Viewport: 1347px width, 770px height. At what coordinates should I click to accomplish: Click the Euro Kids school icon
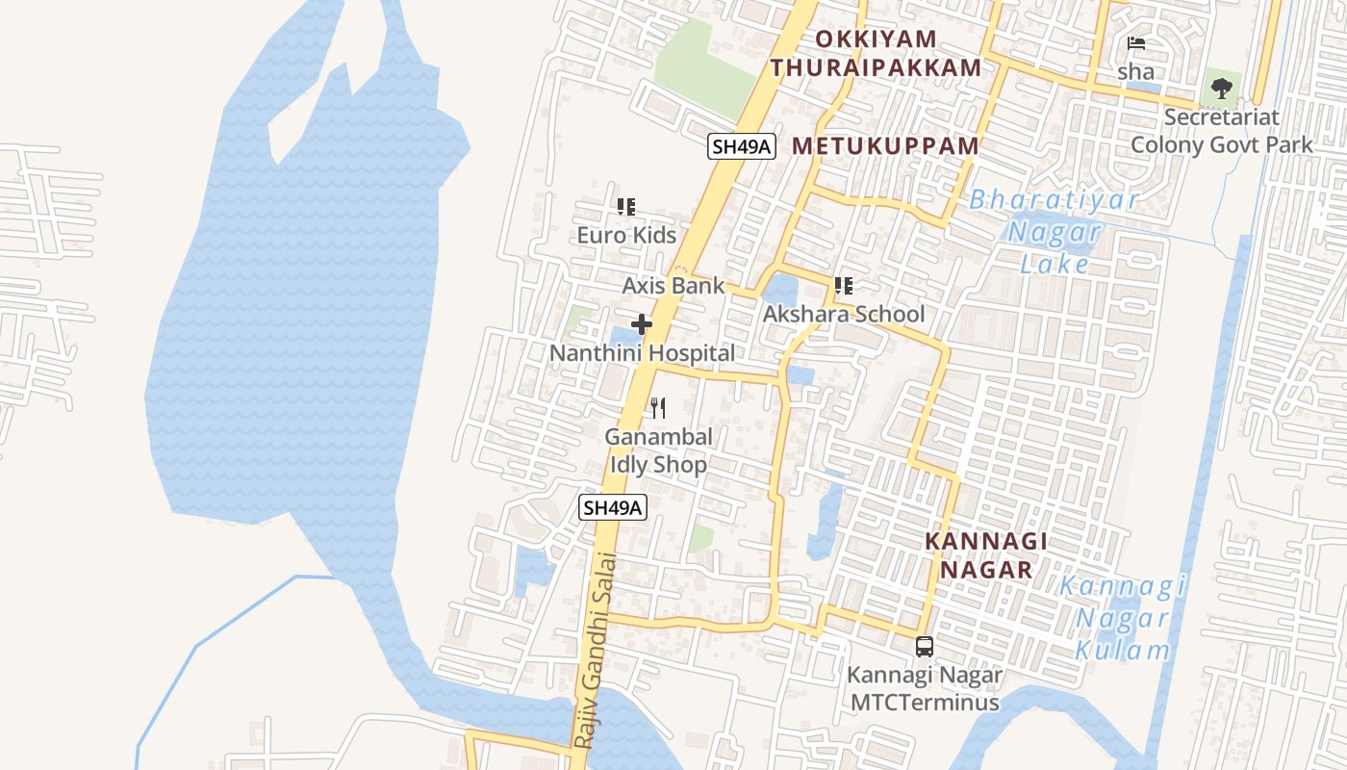pyautogui.click(x=626, y=207)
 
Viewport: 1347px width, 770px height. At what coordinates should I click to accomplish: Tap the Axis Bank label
pyautogui.click(x=673, y=286)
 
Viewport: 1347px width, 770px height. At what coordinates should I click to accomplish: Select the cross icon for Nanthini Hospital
pyautogui.click(x=642, y=325)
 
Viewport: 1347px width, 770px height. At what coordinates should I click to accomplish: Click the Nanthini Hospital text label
pyautogui.click(x=642, y=353)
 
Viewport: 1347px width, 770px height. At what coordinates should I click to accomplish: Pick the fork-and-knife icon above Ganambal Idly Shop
pyautogui.click(x=658, y=408)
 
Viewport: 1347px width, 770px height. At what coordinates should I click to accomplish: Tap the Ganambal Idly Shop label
pyautogui.click(x=659, y=450)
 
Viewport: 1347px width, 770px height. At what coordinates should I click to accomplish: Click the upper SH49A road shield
pyautogui.click(x=741, y=146)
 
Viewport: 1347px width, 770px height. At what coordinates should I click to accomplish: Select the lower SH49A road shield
pyautogui.click(x=612, y=507)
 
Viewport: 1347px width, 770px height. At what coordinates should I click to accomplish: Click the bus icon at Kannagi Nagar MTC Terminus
pyautogui.click(x=925, y=647)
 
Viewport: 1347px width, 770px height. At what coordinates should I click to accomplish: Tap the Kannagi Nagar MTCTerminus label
pyautogui.click(x=925, y=688)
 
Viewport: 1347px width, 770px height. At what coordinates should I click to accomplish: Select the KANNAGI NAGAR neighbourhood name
pyautogui.click(x=985, y=555)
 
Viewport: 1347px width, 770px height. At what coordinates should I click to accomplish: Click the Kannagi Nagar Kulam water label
pyautogui.click(x=1122, y=618)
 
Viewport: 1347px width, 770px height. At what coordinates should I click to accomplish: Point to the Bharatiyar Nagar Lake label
pyautogui.click(x=1055, y=232)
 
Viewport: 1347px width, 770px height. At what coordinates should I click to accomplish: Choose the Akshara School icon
pyautogui.click(x=844, y=286)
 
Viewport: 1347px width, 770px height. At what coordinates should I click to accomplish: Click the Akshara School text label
pyautogui.click(x=844, y=315)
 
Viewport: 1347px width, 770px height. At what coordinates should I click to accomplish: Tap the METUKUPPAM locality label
pyautogui.click(x=885, y=146)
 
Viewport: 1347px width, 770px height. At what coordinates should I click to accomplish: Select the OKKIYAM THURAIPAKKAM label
pyautogui.click(x=876, y=54)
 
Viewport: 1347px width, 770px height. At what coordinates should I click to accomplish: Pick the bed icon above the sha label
pyautogui.click(x=1136, y=43)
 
